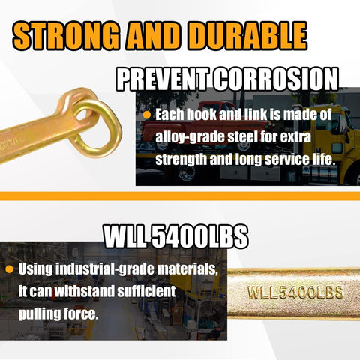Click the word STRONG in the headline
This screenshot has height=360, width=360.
pos(66,36)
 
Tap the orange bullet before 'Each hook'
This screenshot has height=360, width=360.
pos(147,115)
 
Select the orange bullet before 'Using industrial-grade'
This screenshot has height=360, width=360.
pos(9,269)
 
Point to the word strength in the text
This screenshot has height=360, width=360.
pos(181,160)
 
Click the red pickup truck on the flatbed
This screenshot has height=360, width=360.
pos(205,125)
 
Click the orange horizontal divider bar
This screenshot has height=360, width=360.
pos(180,196)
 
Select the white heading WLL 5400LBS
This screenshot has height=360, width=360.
pos(176,236)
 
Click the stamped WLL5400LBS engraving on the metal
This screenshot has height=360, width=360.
pos(295,292)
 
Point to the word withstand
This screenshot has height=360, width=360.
pos(84,292)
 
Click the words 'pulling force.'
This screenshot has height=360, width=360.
pos(58,314)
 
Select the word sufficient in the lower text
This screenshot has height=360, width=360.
pos(146,292)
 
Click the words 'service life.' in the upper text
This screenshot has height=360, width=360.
pos(300,160)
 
